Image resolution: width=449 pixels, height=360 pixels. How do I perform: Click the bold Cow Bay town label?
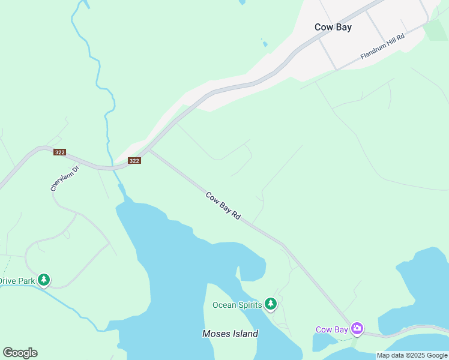click(333, 27)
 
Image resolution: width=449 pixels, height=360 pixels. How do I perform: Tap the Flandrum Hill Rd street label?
click(383, 46)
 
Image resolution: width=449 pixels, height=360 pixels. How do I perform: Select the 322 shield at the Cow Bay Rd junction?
click(134, 160)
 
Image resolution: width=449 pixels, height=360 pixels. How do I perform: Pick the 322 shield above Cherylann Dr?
click(59, 152)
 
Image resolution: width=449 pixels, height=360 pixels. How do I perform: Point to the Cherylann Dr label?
click(65, 178)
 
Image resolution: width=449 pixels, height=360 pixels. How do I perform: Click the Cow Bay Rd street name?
click(223, 205)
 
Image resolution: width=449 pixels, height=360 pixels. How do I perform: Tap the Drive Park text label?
click(17, 280)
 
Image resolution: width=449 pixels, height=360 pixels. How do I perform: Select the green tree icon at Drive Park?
click(43, 280)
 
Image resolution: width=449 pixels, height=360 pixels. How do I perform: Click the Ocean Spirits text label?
click(237, 305)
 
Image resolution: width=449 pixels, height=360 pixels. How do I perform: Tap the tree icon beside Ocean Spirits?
click(271, 304)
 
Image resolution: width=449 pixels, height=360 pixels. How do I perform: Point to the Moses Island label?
click(230, 334)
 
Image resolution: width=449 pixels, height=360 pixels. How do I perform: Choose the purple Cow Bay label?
click(332, 329)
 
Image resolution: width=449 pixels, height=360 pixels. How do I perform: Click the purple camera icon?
click(357, 328)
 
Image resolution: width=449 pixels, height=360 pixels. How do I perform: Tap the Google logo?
click(20, 353)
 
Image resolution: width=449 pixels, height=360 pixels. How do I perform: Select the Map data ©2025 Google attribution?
click(412, 355)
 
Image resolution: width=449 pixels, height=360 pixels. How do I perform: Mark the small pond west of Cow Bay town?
click(264, 43)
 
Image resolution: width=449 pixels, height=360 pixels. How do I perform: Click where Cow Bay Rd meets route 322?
click(149, 151)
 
